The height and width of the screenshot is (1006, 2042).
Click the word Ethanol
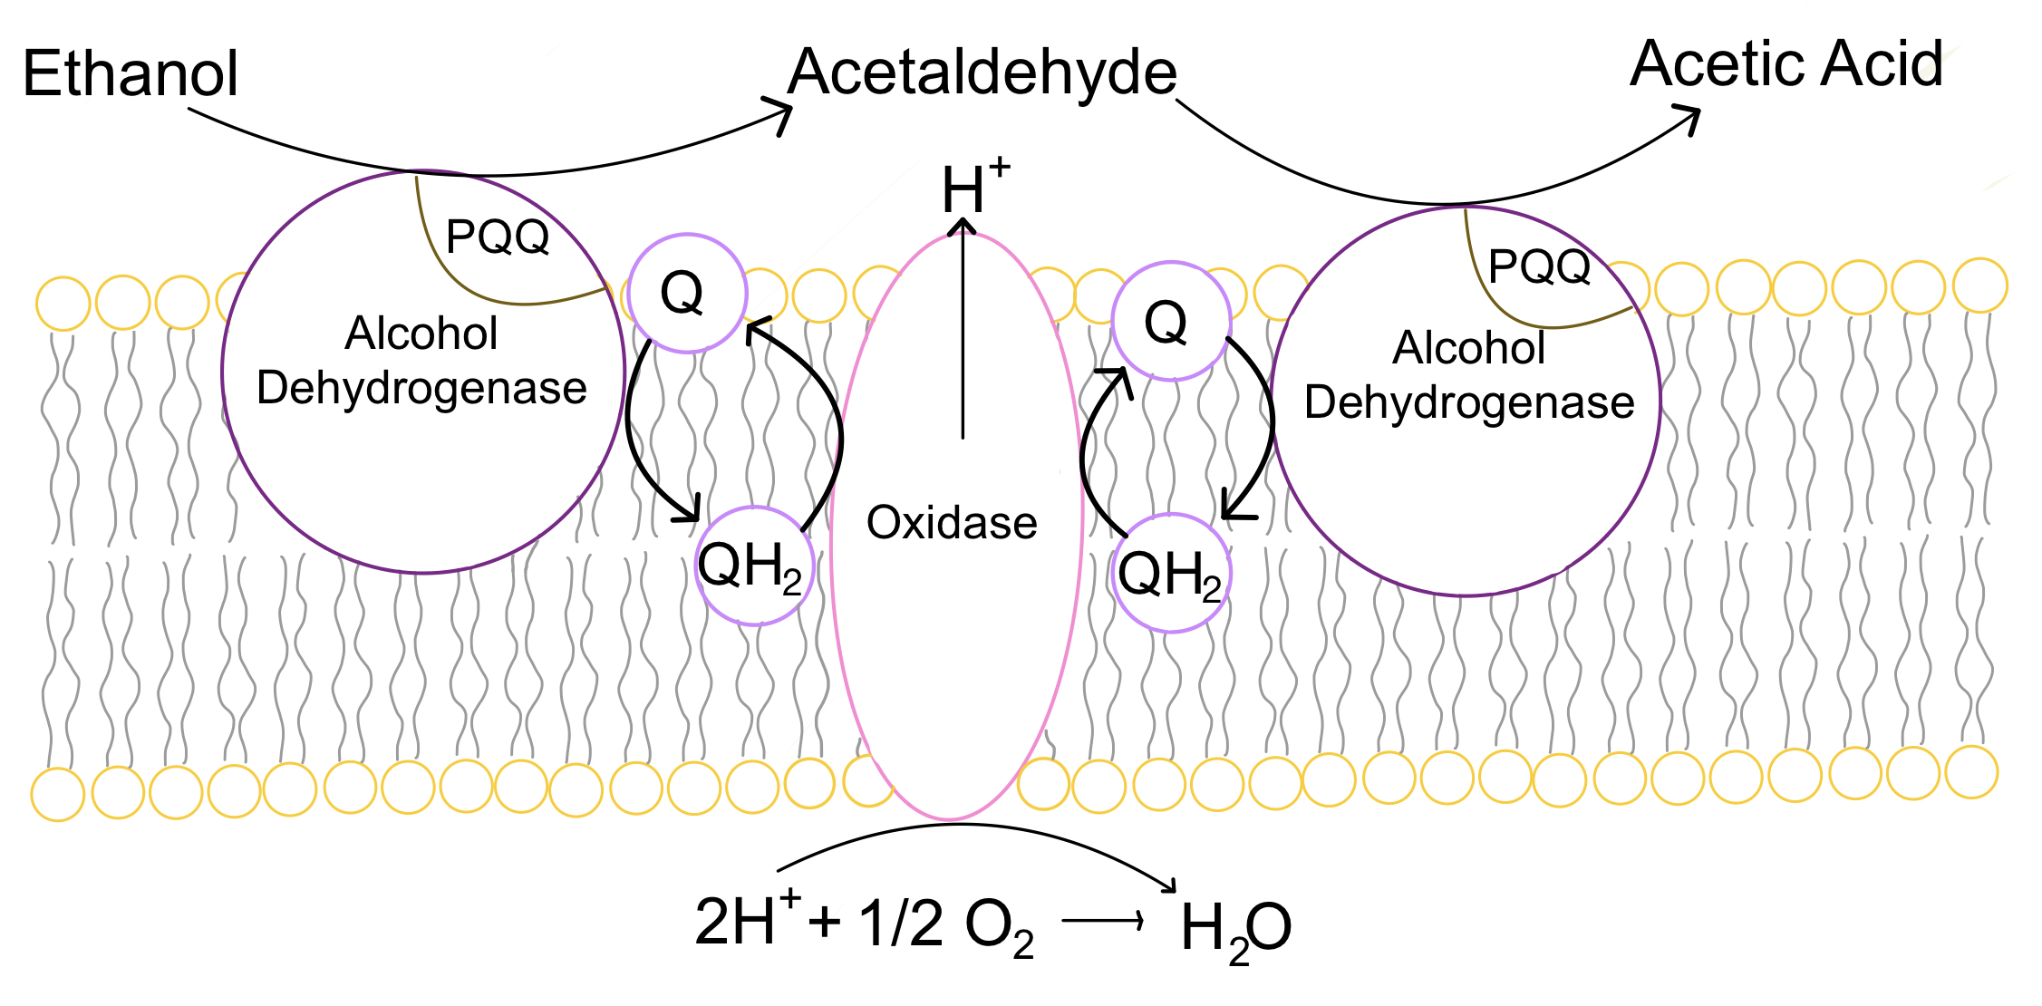click(131, 73)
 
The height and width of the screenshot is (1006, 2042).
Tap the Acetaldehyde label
click(982, 73)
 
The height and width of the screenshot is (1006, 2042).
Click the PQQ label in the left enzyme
click(498, 237)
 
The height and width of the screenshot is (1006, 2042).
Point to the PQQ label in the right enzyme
click(1539, 266)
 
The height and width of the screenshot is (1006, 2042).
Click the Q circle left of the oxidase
click(686, 293)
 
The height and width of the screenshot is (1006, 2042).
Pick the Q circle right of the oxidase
click(1170, 321)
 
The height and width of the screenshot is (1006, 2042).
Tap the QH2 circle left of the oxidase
click(754, 566)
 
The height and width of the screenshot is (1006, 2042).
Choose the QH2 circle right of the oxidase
click(1170, 573)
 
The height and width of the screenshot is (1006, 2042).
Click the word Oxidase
click(952, 523)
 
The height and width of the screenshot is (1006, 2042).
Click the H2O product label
click(1235, 929)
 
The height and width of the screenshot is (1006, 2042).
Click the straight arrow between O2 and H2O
click(1102, 922)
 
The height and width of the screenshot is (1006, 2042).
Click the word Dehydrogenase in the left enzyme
click(421, 388)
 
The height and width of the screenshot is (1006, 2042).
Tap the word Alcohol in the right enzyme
click(1468, 348)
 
